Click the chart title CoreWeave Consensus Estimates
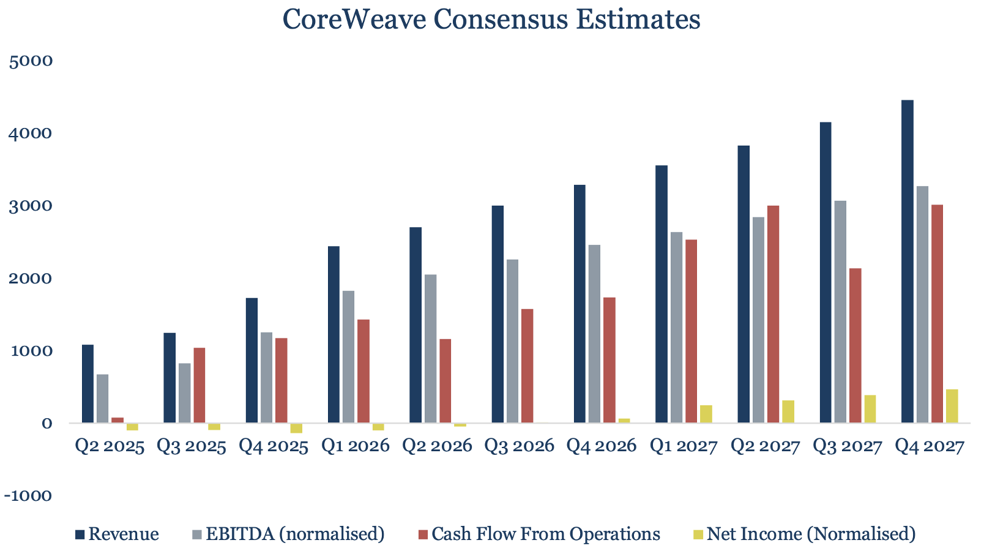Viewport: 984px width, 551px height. tap(491, 20)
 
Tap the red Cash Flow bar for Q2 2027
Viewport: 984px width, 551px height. tap(773, 314)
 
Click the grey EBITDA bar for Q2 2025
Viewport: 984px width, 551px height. tap(103, 399)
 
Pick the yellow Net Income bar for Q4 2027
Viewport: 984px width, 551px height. tap(952, 406)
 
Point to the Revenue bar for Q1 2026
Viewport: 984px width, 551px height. tap(334, 334)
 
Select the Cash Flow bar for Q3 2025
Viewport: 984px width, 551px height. tap(199, 385)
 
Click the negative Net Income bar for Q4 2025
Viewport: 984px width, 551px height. tap(296, 428)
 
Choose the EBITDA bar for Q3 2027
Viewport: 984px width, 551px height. tap(840, 312)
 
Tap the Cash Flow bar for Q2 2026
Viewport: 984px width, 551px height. tap(445, 381)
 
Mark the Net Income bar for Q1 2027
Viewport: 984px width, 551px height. tap(706, 414)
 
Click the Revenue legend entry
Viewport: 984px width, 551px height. tap(117, 534)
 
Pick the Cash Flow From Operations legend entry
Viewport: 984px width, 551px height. tap(539, 534)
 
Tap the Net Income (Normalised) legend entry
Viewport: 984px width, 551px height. tap(804, 534)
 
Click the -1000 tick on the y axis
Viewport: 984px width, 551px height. tap(28, 496)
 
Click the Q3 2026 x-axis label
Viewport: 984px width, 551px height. tap(519, 446)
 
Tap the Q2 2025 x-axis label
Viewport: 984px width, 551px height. tap(110, 446)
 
